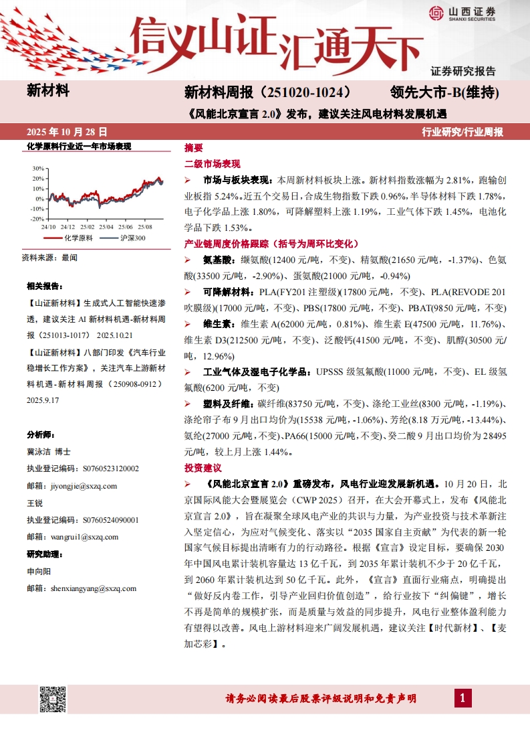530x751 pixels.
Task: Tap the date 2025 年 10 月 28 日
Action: (66, 132)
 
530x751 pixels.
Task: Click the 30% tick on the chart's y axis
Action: (38, 169)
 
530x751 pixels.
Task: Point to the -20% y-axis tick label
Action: (37, 219)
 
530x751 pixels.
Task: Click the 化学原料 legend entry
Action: (72, 238)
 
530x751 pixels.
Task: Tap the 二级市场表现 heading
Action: (212, 163)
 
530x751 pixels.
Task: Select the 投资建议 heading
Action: (203, 467)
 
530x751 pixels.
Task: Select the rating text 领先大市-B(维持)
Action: (444, 92)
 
